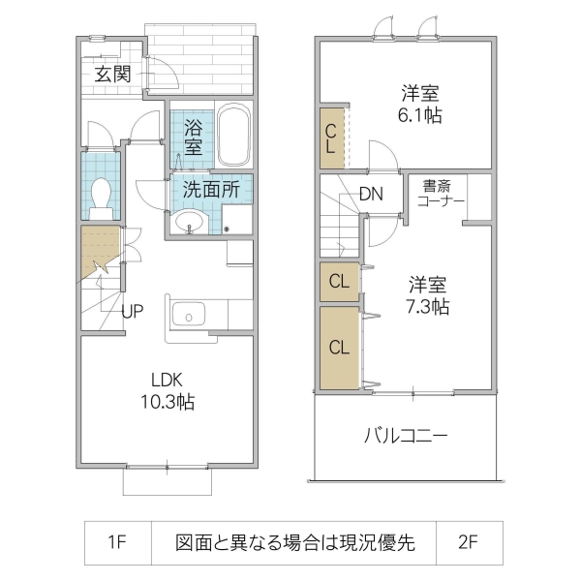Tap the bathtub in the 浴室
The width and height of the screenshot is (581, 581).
[232, 137]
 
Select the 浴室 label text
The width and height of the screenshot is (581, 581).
[193, 137]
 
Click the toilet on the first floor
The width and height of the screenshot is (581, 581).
[100, 198]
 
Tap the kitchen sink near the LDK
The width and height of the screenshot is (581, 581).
[188, 316]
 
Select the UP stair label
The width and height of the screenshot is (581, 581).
[134, 312]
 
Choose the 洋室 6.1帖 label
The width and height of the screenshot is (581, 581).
[421, 104]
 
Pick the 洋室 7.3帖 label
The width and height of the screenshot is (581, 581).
[427, 295]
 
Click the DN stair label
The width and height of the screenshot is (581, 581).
[371, 193]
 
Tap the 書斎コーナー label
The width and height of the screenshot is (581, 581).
[442, 192]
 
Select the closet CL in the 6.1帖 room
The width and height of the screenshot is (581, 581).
[331, 139]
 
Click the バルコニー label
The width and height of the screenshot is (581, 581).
[406, 436]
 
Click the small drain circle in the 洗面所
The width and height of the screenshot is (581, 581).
[227, 229]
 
